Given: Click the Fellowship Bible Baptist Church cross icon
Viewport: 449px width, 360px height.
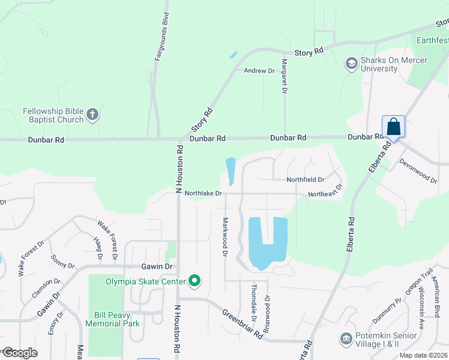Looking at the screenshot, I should point(92,113).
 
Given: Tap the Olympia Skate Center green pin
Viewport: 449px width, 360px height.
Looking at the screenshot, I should point(194,281).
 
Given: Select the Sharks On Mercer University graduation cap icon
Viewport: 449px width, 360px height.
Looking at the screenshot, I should point(351,63).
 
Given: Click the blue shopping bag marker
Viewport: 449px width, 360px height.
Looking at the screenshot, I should point(393,127).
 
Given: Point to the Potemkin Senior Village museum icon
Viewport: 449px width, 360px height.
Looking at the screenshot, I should point(346,340).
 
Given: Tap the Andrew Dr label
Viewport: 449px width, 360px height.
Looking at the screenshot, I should point(259,71).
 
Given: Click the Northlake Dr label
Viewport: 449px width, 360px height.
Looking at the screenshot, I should point(203,194).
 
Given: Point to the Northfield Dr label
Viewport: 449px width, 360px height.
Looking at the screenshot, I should point(305,179).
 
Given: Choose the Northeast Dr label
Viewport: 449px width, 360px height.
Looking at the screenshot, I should point(325,191).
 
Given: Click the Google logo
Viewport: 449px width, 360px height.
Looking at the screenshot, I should point(20,353).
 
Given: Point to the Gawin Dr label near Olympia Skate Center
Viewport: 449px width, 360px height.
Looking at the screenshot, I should point(157,266).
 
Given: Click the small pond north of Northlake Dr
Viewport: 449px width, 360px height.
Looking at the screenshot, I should point(230,170).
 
